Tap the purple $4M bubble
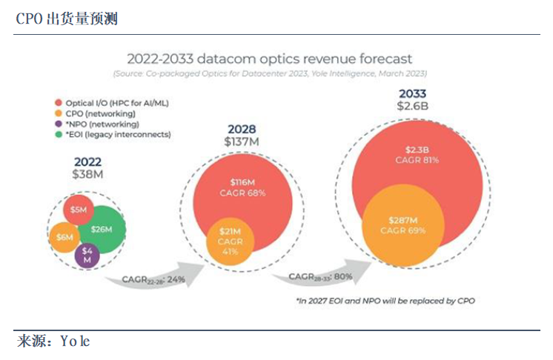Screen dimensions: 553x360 click(x=87, y=255)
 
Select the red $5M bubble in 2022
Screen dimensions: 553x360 click(x=79, y=210)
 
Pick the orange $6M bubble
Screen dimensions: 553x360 click(x=64, y=238)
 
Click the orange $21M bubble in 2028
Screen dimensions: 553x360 click(x=230, y=241)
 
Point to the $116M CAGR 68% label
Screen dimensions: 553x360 click(x=242, y=187)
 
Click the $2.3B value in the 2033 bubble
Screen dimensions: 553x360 click(x=417, y=150)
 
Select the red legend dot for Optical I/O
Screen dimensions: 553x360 click(x=59, y=103)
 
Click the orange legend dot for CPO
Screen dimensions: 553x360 click(x=59, y=113)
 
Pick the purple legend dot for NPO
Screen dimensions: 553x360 click(x=59, y=124)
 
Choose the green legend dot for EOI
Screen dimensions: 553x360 click(x=59, y=134)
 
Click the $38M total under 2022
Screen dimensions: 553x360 click(x=87, y=174)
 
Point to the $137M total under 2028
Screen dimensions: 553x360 click(x=242, y=141)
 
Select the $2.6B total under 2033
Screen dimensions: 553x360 click(x=413, y=106)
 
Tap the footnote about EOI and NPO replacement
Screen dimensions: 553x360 click(x=385, y=301)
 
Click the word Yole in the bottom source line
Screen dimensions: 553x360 click(x=75, y=341)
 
